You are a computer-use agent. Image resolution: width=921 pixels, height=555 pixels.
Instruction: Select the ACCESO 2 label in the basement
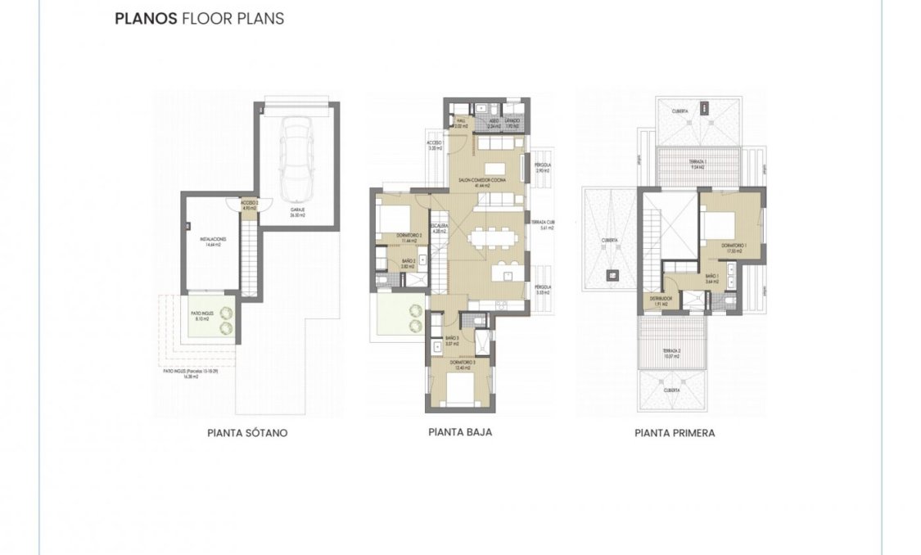[249, 205]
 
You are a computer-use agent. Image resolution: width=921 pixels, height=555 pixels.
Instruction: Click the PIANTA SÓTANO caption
[247, 433]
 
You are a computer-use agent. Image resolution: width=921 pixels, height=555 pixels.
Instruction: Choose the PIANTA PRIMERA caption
[674, 433]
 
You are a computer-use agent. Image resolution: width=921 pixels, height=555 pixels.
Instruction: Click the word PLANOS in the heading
[146, 18]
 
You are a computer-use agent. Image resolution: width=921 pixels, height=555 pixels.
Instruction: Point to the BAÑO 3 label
[453, 340]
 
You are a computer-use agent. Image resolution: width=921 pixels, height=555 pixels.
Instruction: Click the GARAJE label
[297, 211]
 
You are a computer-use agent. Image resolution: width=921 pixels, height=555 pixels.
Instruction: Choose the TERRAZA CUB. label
[542, 225]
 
